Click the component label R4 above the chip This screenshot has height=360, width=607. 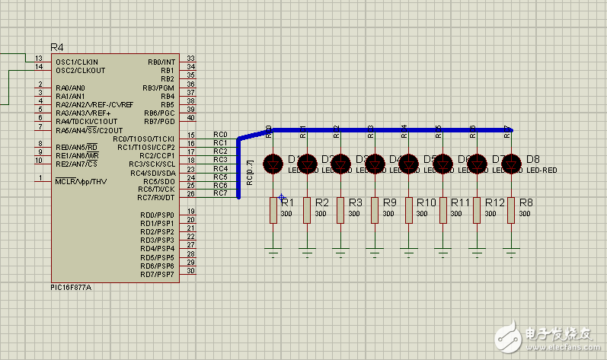(x=56, y=47)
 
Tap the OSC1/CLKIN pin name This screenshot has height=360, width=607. (x=76, y=62)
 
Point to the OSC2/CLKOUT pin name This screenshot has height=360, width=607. (x=79, y=70)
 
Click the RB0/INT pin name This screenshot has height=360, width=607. (x=161, y=62)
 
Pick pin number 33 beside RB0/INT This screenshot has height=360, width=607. (x=190, y=59)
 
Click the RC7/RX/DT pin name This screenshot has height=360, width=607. (x=157, y=197)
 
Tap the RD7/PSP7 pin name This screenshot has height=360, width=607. (x=158, y=273)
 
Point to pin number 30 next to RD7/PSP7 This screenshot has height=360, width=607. (x=190, y=270)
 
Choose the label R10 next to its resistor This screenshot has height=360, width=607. (x=426, y=203)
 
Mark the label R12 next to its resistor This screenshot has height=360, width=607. (x=495, y=203)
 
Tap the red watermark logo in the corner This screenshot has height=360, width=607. (x=507, y=334)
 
